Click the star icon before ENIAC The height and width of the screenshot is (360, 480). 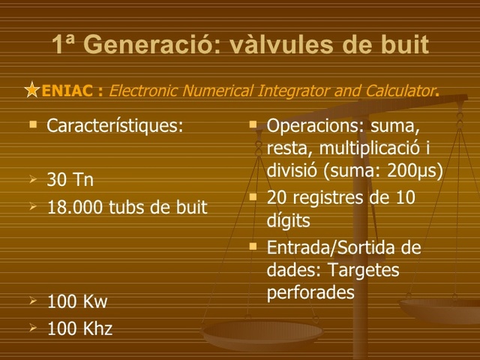31,91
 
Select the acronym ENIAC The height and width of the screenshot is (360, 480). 67,91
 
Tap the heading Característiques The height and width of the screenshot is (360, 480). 115,124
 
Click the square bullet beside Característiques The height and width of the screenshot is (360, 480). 32,122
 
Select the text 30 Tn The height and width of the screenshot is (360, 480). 70,181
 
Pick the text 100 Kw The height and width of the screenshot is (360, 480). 77,302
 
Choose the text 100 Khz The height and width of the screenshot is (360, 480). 79,328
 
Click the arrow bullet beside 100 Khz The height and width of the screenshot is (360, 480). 32,327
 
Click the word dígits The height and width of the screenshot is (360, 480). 288,221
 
